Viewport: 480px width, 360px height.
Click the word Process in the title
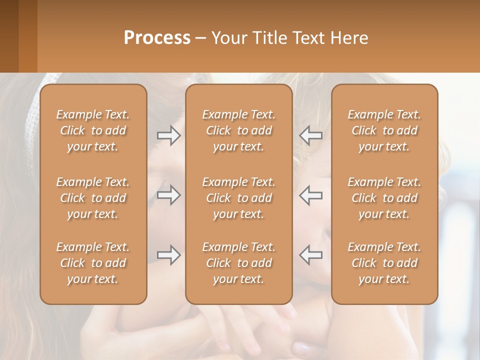point(157,37)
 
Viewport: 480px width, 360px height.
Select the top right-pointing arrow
point(168,135)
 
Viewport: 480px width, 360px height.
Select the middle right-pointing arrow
point(168,195)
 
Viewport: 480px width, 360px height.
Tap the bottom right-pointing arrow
point(168,255)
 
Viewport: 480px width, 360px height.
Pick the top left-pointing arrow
point(311,135)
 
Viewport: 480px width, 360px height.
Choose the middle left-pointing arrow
point(311,195)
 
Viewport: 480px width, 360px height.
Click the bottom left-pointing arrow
point(311,255)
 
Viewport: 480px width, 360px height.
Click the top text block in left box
point(93,130)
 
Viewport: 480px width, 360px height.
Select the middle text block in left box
point(93,198)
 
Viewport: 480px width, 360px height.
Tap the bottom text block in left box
point(93,263)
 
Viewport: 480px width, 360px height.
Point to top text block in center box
point(238,130)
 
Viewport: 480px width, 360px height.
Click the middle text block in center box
point(238,198)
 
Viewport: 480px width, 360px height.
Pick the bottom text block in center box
point(238,263)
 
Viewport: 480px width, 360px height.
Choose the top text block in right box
point(384,130)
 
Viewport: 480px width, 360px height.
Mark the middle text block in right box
point(384,198)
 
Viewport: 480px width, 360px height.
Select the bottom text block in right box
point(384,263)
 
